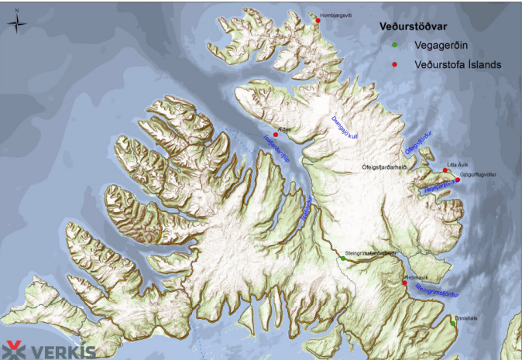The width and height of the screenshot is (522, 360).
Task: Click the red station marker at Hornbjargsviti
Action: pos(318,20)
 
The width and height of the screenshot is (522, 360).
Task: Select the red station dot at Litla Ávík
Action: pos(445,171)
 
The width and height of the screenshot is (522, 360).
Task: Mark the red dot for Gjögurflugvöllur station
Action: pos(458,180)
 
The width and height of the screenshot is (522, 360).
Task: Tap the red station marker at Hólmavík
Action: pos(404,283)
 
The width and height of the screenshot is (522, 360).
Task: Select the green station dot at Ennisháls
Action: pos(453,324)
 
